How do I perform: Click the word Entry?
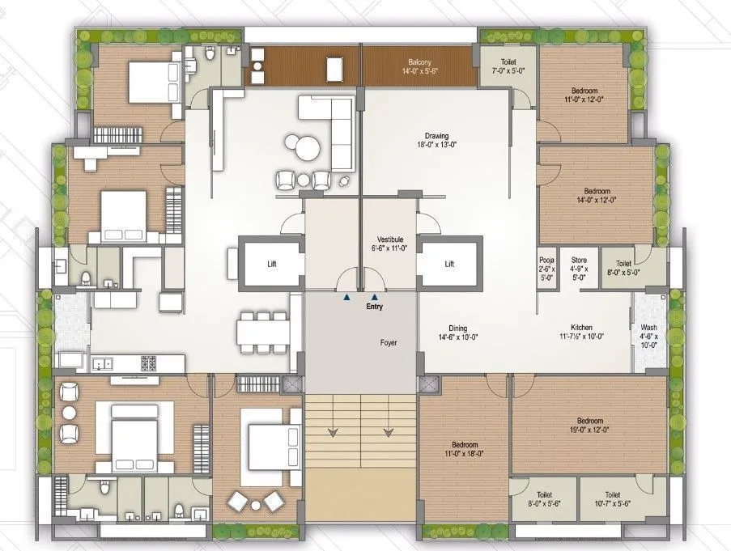[373, 307]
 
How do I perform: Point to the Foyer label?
[389, 342]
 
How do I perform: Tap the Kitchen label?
[582, 331]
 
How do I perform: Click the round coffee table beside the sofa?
[307, 148]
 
